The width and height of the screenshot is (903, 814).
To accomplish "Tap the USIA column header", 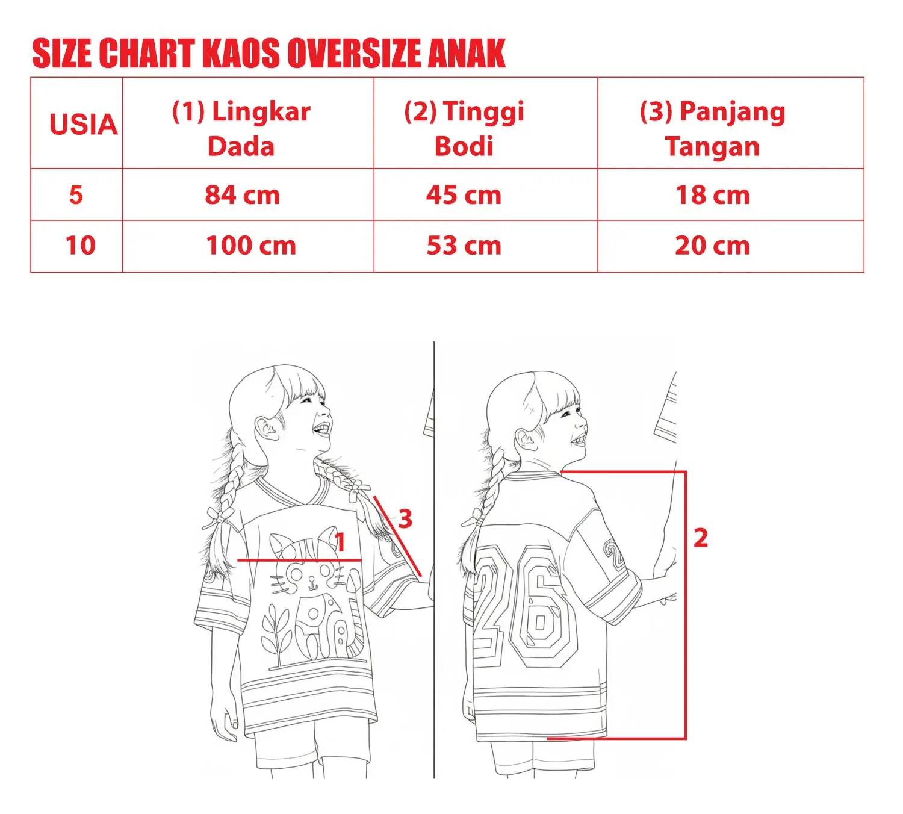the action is coord(83,124).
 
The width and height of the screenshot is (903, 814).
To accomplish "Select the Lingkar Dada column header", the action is coord(241,129).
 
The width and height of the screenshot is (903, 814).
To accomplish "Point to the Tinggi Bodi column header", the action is coord(464,129).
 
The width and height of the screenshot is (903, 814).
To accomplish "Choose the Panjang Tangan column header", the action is coord(713,129).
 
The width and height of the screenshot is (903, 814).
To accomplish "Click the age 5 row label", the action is coord(76,196).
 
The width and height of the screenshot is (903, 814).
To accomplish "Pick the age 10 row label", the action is coord(81,246).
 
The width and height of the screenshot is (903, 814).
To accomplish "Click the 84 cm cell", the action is coord(242,196).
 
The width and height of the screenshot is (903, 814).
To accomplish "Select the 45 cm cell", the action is coord(464,196).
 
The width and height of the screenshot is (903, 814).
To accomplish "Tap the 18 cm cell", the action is coord(713,196).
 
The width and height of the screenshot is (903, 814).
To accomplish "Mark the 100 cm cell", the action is coord(251,246).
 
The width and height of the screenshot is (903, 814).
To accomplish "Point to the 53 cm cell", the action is coord(464,246).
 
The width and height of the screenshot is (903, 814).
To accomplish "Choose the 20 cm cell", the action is coord(712,246).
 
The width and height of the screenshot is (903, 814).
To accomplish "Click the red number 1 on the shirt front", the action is coord(341,542).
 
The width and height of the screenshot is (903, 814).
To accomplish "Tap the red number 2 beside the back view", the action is coord(701,538).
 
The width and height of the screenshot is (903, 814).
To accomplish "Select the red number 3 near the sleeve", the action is coord(405,519).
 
